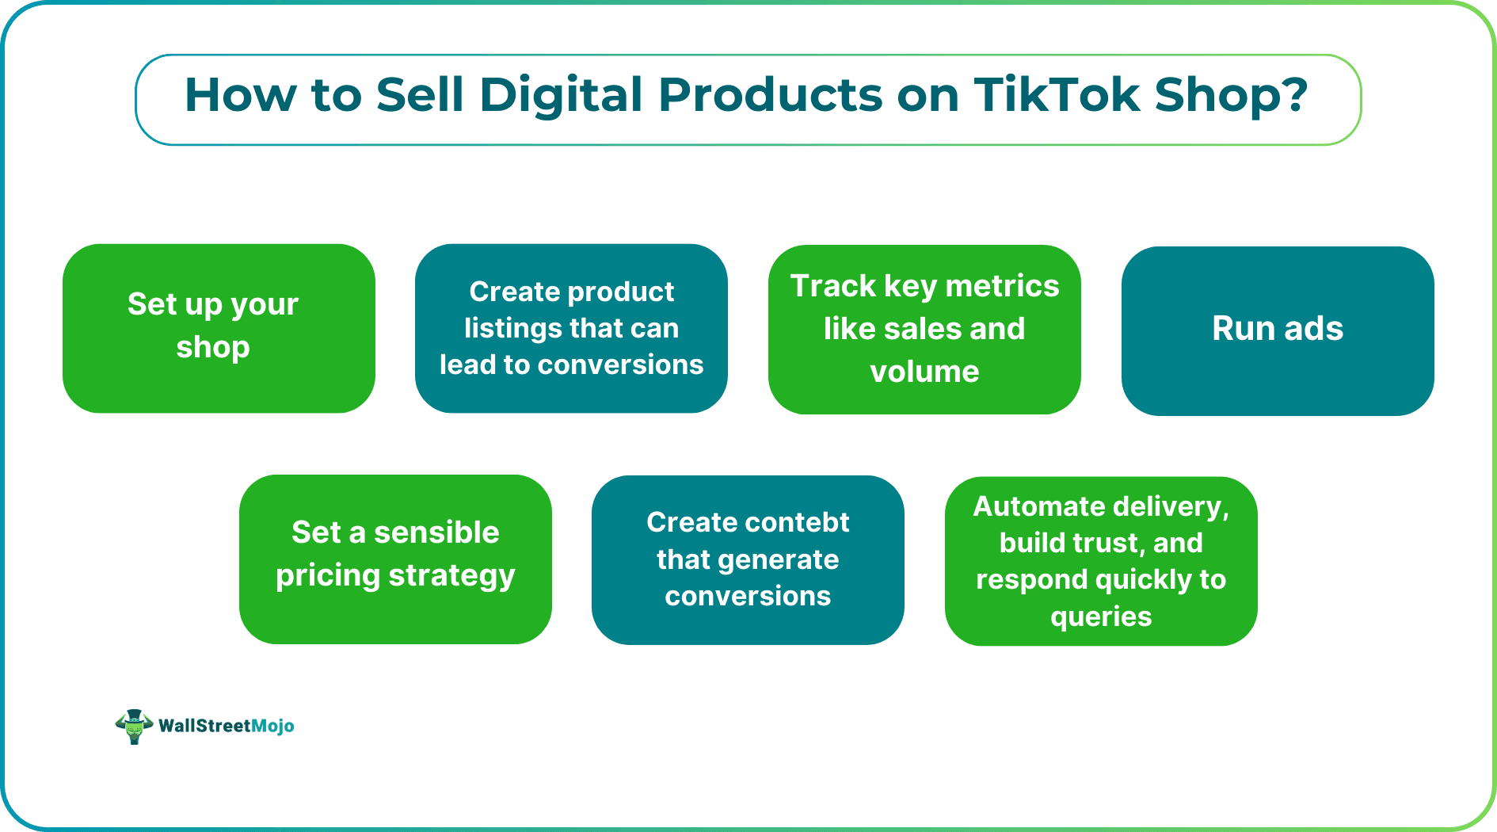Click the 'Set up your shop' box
point(219,328)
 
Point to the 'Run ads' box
point(1277,330)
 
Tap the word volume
point(924,372)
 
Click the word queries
point(1101,616)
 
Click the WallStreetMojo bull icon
point(134,726)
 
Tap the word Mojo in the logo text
point(272,726)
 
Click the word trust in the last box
point(1107,543)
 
